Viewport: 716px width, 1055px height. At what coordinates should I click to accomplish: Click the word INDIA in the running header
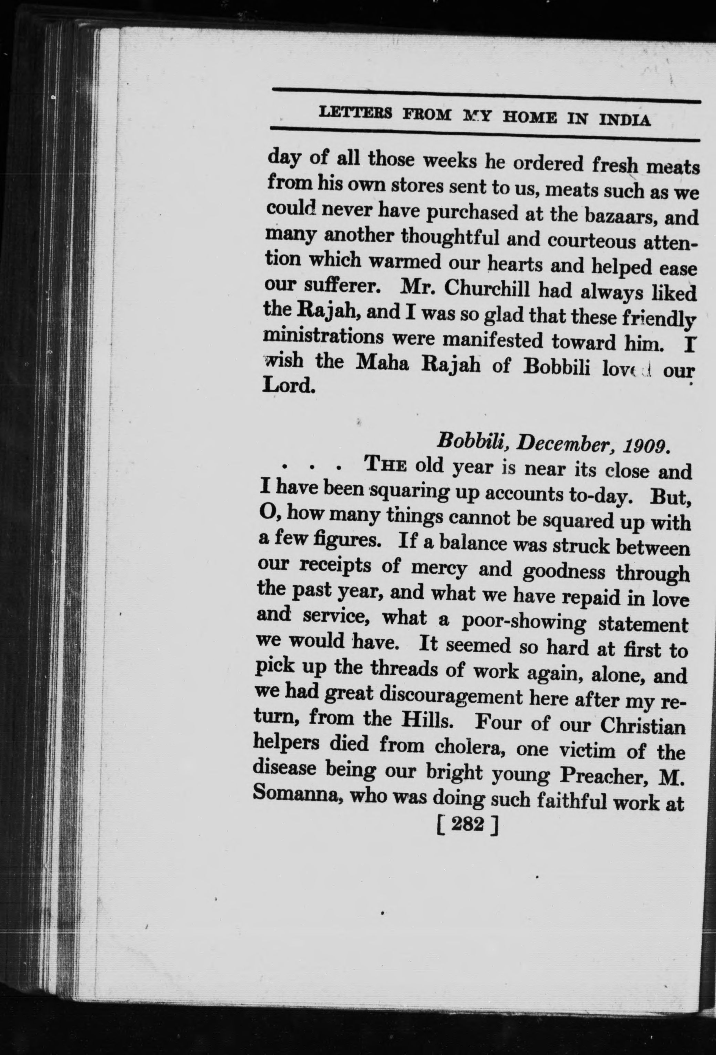point(625,120)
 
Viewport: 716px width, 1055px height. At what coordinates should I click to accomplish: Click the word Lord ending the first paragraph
point(289,386)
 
